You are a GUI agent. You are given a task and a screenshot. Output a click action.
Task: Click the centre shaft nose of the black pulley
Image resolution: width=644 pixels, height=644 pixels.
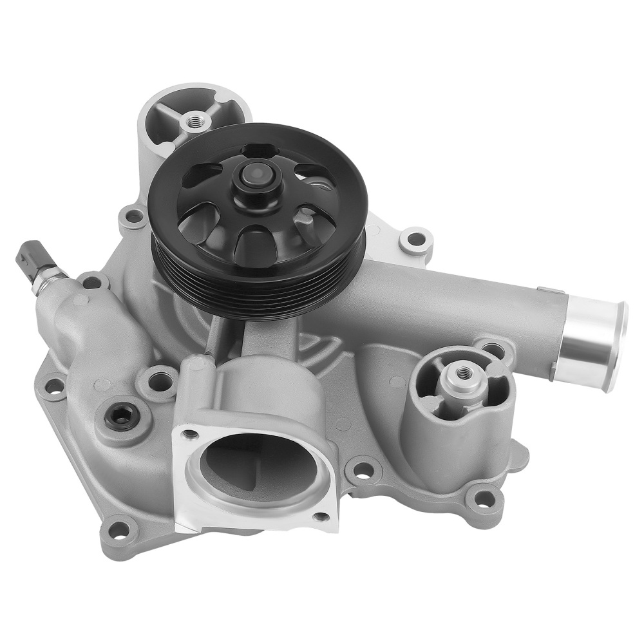click(x=256, y=175)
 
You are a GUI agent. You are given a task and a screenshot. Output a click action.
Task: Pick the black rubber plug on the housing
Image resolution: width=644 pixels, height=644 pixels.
click(x=121, y=417)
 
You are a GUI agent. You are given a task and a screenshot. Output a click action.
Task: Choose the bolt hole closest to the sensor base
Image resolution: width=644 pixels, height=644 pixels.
click(x=91, y=281)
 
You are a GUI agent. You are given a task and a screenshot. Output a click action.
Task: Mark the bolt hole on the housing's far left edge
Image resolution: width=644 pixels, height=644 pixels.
click(x=53, y=386)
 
